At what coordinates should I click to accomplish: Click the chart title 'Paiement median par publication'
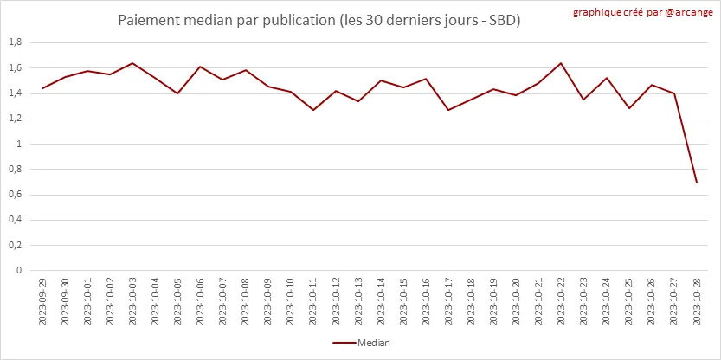coord(319,19)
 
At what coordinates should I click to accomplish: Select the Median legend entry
coord(361,343)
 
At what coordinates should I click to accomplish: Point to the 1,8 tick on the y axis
coord(15,42)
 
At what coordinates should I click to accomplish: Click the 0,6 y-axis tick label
coord(15,194)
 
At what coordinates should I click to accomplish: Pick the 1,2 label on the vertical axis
coord(15,119)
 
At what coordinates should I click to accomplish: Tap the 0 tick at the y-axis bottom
coord(19,270)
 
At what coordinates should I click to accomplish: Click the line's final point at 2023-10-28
coord(697,183)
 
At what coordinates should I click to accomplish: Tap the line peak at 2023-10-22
coord(562,63)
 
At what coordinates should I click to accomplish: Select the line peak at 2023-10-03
coord(132,63)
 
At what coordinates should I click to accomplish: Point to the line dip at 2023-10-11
coord(313,110)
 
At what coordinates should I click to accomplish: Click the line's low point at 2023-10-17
coord(448,110)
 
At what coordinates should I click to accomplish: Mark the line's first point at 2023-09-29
coord(42,88)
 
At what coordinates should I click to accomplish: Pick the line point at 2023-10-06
coord(200,67)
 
